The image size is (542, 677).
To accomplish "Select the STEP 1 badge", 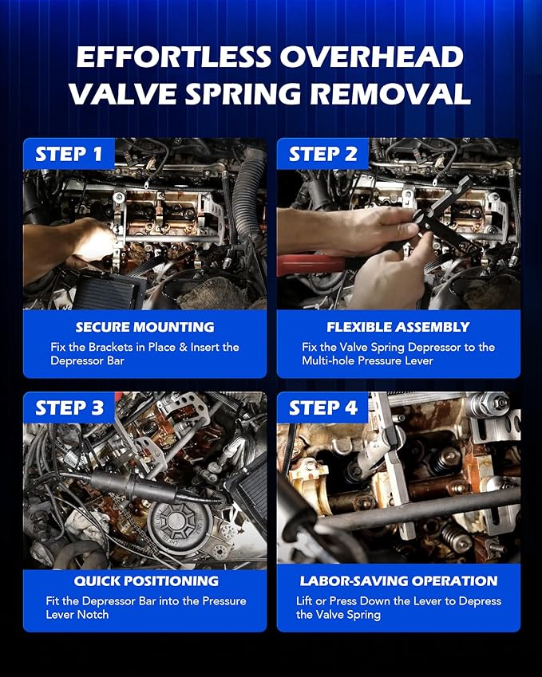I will (x=69, y=154).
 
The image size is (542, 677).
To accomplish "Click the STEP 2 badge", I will (x=322, y=154).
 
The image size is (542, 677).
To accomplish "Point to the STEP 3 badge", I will (x=69, y=408).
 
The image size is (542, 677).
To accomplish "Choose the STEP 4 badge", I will (x=322, y=408).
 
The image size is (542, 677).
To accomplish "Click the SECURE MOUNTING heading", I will (x=144, y=327).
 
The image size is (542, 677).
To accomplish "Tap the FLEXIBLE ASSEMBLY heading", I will (x=398, y=327).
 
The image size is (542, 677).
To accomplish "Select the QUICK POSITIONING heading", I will (x=145, y=581).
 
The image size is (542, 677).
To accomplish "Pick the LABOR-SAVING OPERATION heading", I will (x=398, y=581).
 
